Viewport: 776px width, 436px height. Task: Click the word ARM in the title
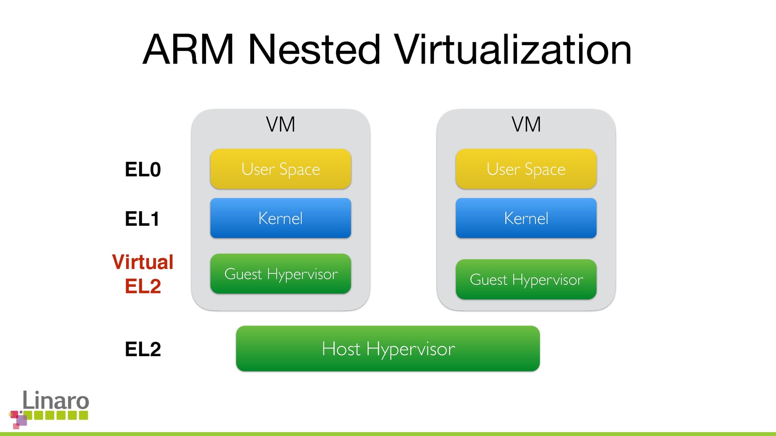click(x=189, y=49)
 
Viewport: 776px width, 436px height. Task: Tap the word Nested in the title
click(x=314, y=49)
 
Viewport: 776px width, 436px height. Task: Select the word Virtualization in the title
click(x=513, y=49)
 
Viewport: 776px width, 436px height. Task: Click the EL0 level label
click(x=143, y=170)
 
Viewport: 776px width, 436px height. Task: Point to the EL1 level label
click(x=142, y=219)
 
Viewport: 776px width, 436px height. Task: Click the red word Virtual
click(x=143, y=262)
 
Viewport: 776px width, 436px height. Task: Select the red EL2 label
click(x=143, y=286)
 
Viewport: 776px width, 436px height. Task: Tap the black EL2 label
click(x=143, y=349)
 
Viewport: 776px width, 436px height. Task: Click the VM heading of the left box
click(x=280, y=125)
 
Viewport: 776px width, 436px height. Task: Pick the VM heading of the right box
click(x=526, y=125)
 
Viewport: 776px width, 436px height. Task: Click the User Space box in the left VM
click(x=280, y=169)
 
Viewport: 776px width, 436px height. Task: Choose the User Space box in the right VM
click(x=526, y=169)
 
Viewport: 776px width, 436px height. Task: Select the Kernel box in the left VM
click(x=280, y=218)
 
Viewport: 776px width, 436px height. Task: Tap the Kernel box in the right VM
click(x=526, y=218)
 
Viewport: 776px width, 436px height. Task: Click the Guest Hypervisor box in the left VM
click(x=280, y=274)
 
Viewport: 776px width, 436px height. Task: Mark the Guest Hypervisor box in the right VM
click(x=526, y=280)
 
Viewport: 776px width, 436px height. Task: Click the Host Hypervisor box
click(x=388, y=349)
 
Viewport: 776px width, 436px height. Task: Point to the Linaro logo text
click(x=56, y=401)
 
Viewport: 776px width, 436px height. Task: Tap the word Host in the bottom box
click(x=341, y=349)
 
